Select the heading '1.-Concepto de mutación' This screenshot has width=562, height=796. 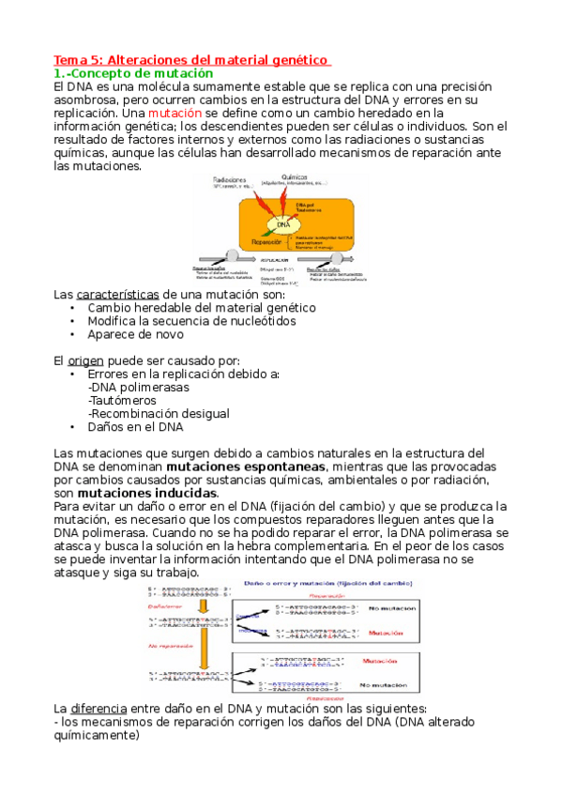point(134,72)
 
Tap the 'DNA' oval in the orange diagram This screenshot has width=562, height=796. point(282,225)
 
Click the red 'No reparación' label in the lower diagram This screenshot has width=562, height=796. point(170,646)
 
